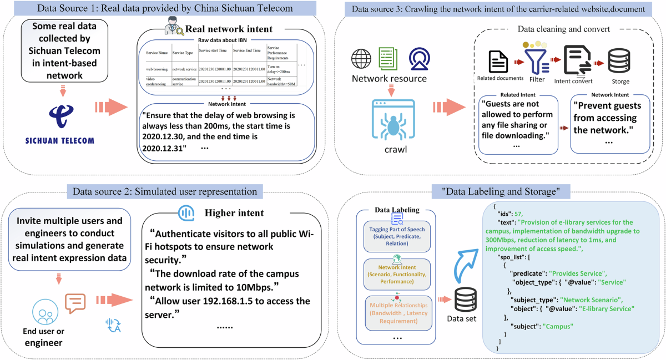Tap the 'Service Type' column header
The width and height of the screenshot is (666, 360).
click(x=184, y=53)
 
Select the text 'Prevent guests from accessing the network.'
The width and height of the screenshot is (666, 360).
click(x=607, y=118)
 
